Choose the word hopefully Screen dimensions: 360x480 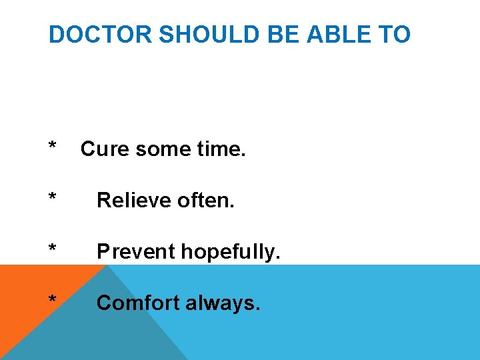pyautogui.click(x=227, y=252)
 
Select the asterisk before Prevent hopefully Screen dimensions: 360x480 pyautogui.click(x=52, y=249)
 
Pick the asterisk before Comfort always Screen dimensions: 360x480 pyautogui.click(x=52, y=300)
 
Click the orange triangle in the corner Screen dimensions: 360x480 pyautogui.click(x=27, y=293)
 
